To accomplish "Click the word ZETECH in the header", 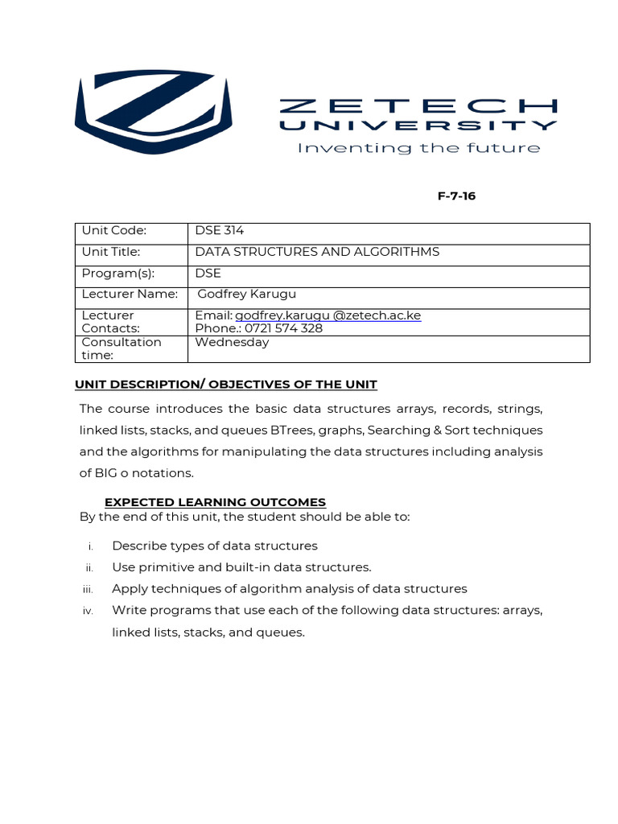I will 418,106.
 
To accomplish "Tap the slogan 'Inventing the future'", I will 418,148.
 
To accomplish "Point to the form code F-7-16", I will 456,196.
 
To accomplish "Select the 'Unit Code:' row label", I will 114,231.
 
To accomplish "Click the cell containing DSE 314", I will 220,231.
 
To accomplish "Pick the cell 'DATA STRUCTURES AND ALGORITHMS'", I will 317,252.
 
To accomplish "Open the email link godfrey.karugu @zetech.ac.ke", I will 328,315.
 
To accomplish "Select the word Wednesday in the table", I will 232,342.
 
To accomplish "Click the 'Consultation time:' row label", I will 121,348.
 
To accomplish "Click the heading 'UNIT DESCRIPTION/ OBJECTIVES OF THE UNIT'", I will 226,385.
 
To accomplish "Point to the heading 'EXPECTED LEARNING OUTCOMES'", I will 215,502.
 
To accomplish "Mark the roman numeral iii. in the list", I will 88,589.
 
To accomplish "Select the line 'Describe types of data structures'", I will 214,546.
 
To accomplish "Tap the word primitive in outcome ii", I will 163,567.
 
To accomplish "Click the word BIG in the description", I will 109,473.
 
